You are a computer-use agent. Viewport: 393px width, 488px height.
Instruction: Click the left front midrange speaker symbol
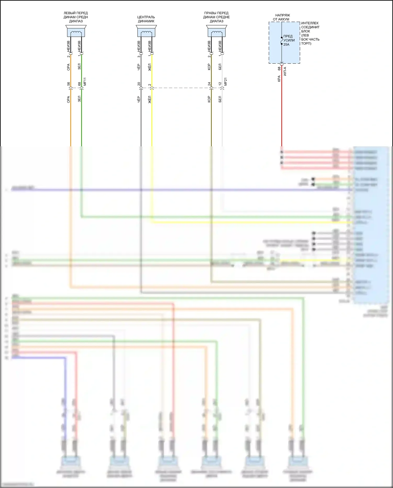tap(76, 31)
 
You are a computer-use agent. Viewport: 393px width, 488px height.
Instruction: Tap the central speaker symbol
tap(146, 31)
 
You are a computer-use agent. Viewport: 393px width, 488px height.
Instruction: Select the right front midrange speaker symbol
tap(216, 31)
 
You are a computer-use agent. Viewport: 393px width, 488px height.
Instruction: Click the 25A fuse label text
tap(286, 45)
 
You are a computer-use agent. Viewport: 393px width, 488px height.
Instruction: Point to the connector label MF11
tap(85, 82)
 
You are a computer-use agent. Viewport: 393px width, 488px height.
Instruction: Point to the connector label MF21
tap(226, 82)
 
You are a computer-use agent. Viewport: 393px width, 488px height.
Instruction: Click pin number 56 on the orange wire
tap(69, 84)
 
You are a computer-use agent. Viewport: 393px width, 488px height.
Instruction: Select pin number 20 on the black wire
tap(139, 84)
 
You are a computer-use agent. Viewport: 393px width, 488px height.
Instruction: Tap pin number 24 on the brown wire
tap(209, 84)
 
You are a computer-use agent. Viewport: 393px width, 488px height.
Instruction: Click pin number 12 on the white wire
tap(220, 84)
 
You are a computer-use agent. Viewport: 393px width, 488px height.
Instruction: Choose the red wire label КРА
tap(279, 79)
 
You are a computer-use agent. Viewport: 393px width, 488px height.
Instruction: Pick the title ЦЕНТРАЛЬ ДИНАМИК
tap(146, 19)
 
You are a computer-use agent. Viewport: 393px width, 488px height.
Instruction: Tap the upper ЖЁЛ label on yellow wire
tap(150, 67)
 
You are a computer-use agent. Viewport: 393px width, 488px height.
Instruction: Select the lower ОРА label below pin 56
tap(69, 99)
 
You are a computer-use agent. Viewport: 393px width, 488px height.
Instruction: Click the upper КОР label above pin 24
tap(209, 67)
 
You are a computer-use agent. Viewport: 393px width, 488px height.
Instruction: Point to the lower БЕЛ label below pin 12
tap(220, 99)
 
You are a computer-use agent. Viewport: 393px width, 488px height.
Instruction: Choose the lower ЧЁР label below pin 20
tap(139, 99)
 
